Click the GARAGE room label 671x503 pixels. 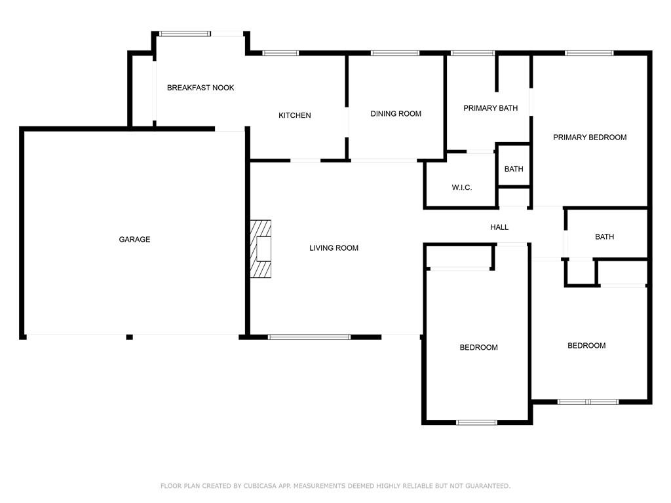134,240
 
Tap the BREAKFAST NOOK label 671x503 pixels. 201,88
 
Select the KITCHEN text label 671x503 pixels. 294,115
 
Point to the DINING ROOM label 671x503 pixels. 396,114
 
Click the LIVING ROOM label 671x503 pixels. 334,248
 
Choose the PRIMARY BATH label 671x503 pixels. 490,108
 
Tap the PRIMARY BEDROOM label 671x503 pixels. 590,138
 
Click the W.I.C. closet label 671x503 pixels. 462,187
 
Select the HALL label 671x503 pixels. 499,227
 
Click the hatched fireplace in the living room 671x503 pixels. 261,248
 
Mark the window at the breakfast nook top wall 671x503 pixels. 185,34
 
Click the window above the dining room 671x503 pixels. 395,53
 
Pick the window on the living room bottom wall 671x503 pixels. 309,337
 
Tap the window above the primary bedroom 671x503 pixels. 589,53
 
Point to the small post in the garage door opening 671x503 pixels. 129,337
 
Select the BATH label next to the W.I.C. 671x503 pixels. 514,169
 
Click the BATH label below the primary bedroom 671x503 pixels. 604,236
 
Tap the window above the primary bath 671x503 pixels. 473,53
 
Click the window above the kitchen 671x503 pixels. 280,53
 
